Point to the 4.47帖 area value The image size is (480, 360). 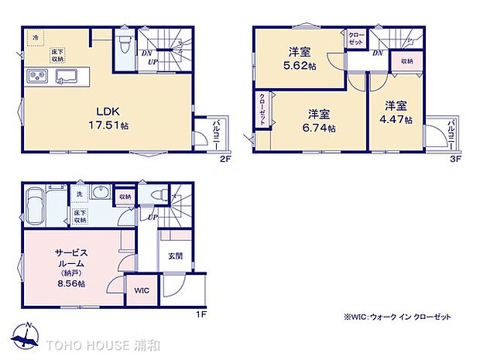click(396, 120)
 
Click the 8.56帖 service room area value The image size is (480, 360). click(70, 283)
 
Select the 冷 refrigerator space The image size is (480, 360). click(34, 36)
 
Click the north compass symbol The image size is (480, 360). click(26, 335)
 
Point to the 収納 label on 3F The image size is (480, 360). click(406, 60)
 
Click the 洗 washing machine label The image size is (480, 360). click(79, 194)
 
